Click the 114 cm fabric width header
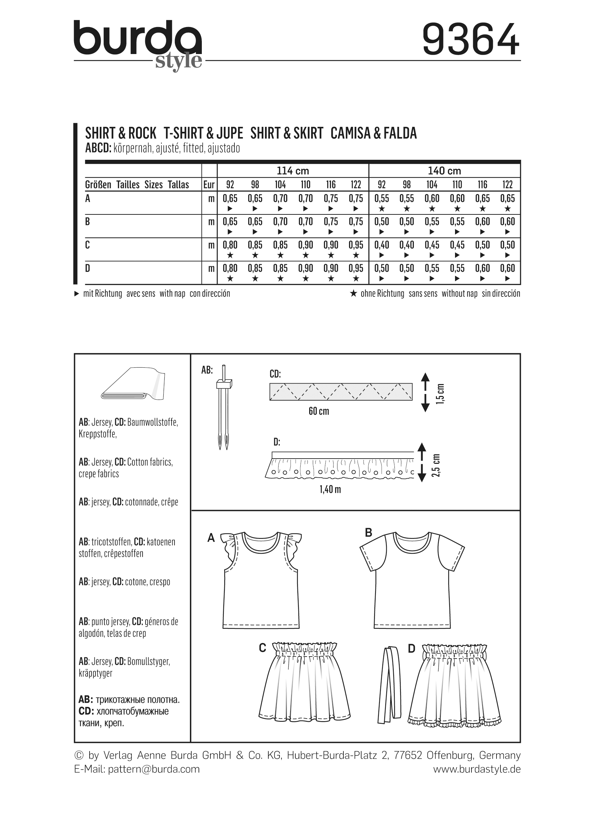point(293,170)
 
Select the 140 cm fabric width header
point(444,170)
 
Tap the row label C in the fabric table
point(88,245)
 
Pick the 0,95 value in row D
point(356,268)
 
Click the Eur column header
point(209,185)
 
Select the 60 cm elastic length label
point(318,411)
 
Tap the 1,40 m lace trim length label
point(330,489)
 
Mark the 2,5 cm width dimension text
point(436,465)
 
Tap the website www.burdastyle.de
point(476,769)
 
